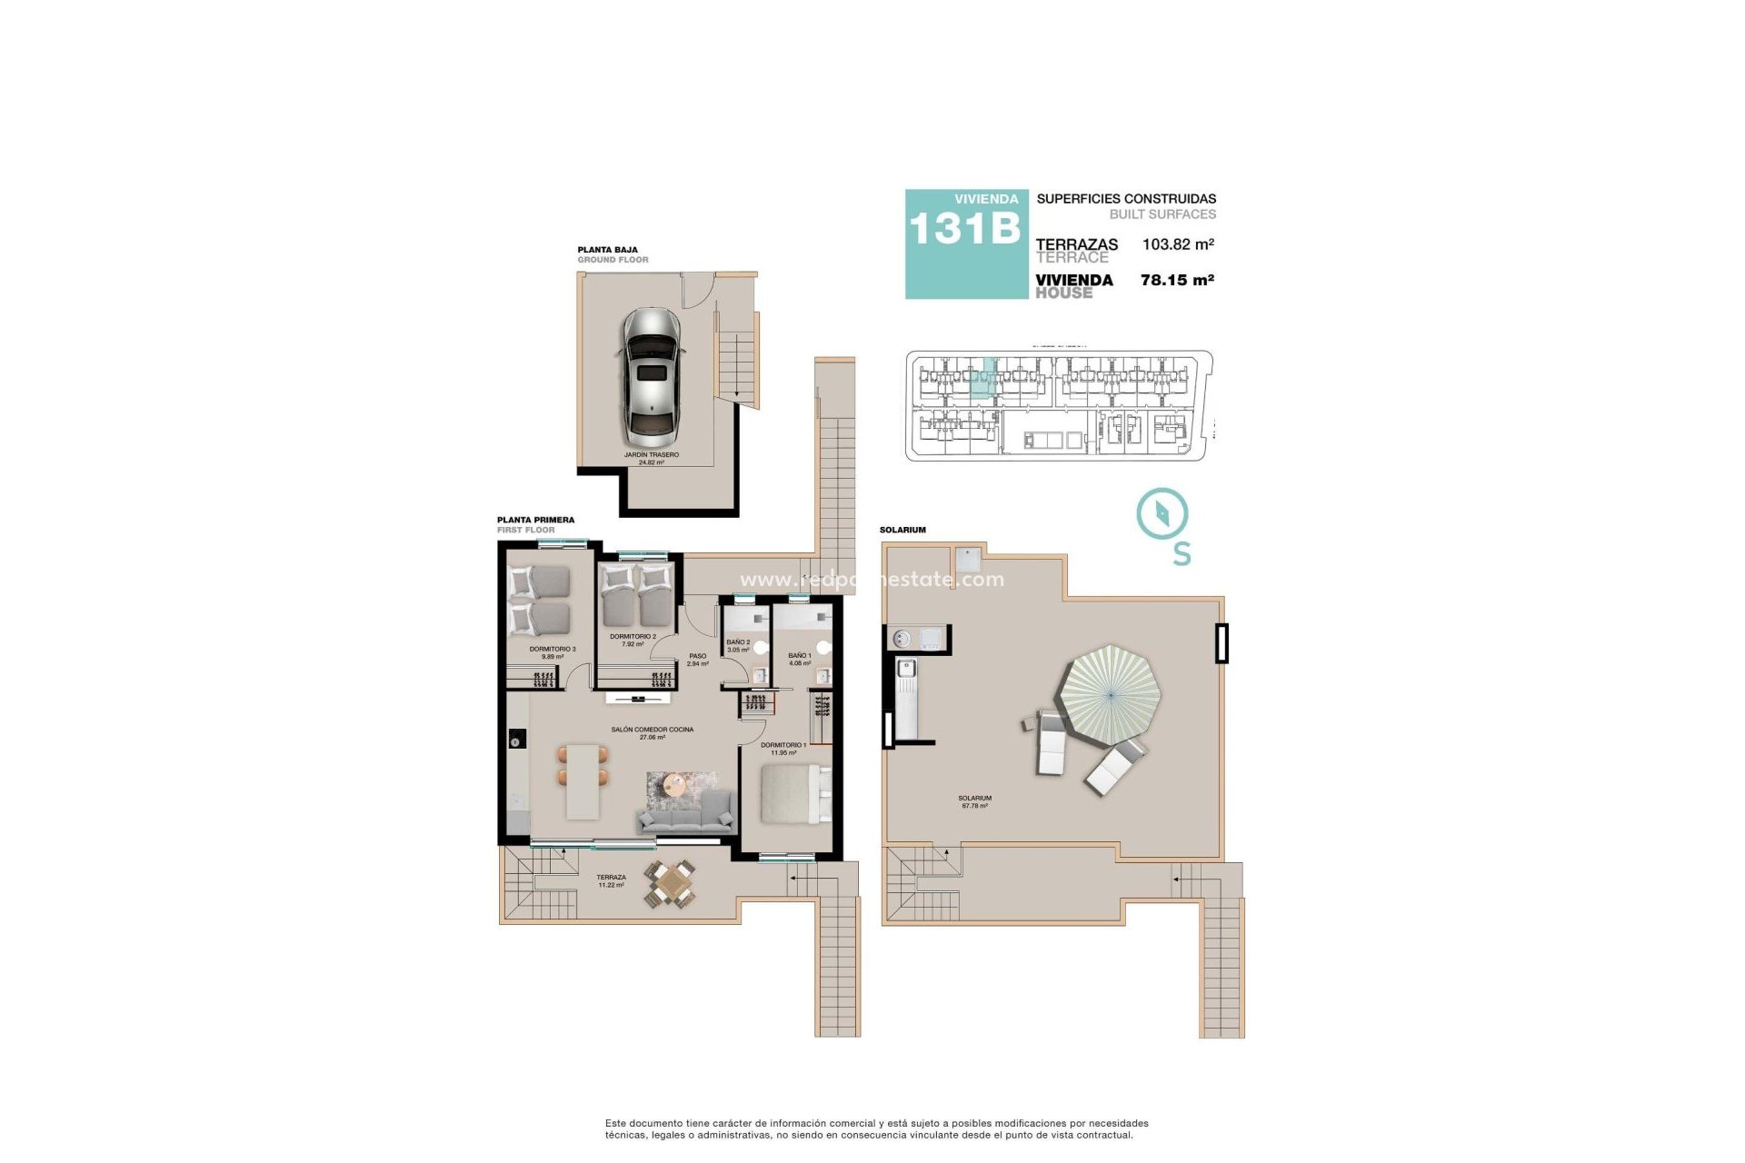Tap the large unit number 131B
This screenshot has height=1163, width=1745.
(x=964, y=229)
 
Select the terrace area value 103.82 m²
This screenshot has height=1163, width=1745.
(x=1178, y=244)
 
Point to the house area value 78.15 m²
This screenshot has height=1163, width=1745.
(x=1177, y=281)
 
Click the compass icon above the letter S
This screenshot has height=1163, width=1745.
(x=1162, y=514)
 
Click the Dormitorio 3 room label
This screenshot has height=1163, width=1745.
(x=553, y=652)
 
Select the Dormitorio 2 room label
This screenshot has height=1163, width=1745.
(x=633, y=640)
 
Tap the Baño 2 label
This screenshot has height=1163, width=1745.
(x=738, y=645)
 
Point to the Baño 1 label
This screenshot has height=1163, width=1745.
(x=800, y=659)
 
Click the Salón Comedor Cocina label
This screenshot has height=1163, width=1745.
(x=652, y=733)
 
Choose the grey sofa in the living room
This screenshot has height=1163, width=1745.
(x=687, y=814)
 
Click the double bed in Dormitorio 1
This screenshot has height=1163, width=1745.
(x=793, y=793)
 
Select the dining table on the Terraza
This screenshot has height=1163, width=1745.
(x=672, y=881)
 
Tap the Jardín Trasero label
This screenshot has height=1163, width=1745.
(x=651, y=458)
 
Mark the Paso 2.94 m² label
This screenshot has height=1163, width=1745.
(x=697, y=660)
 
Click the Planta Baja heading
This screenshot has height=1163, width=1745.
(x=607, y=249)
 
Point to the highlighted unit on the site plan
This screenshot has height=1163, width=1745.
(x=982, y=380)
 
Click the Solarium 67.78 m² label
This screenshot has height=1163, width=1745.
(x=974, y=801)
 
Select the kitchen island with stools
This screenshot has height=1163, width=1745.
(x=582, y=781)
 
